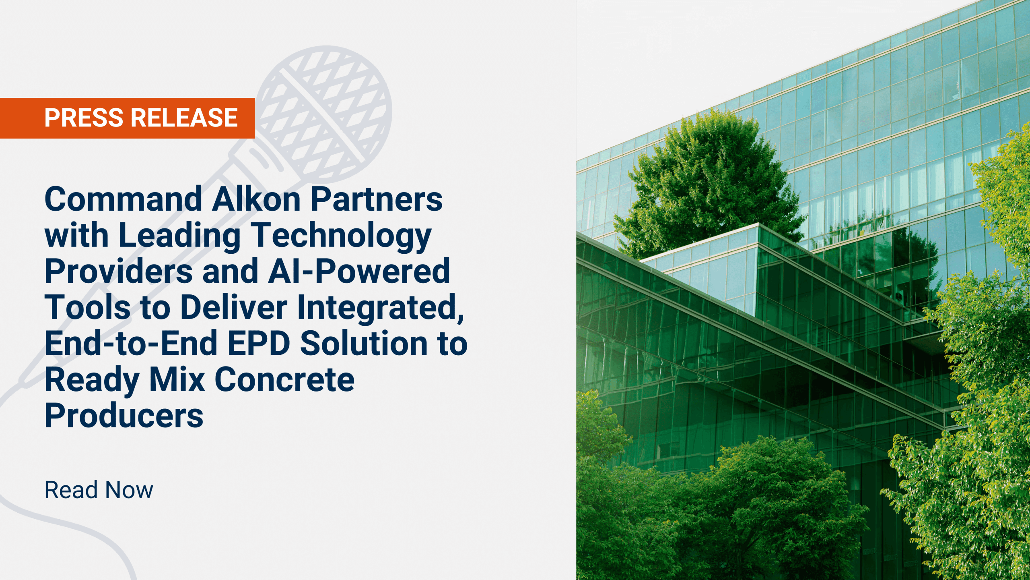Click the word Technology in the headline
341,235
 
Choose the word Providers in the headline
119,271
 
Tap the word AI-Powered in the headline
359,271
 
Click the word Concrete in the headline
284,379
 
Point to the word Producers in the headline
124,416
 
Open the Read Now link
99,490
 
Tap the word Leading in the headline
179,235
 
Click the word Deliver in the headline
234,307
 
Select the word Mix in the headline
177,379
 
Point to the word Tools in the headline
87,307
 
